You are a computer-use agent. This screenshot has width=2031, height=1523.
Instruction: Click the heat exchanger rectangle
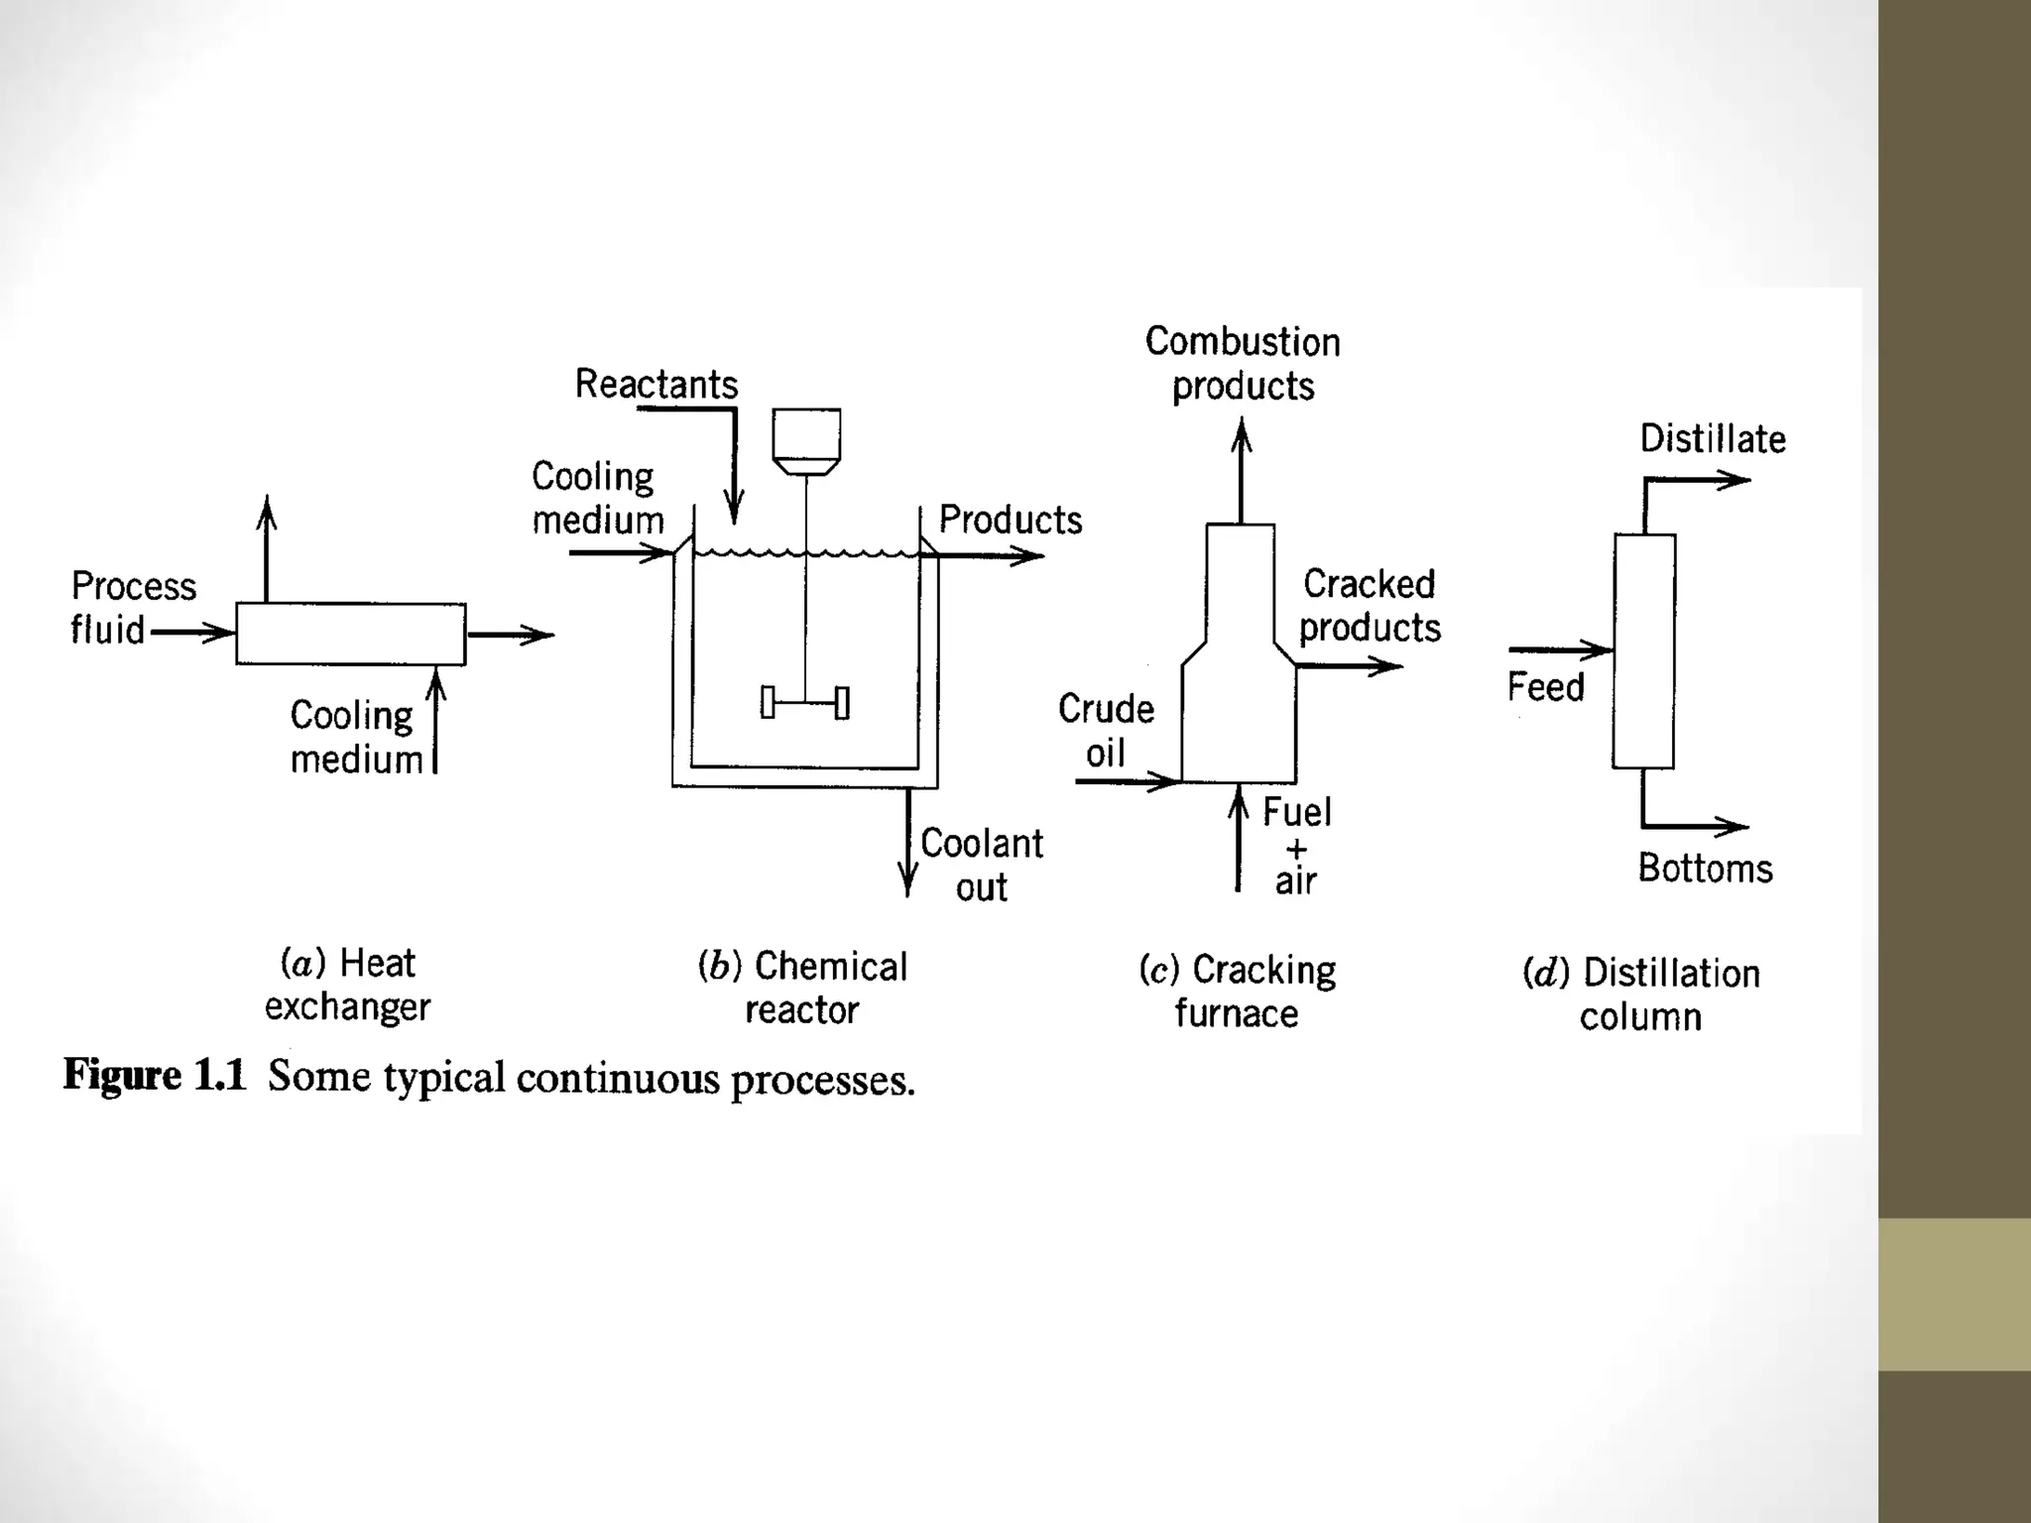click(350, 634)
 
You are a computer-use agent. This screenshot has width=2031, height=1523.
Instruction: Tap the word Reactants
click(657, 385)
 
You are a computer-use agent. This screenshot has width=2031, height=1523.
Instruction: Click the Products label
click(1010, 521)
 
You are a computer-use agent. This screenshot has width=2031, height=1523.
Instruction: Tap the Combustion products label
click(1243, 364)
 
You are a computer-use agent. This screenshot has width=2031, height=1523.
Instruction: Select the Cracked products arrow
click(1349, 666)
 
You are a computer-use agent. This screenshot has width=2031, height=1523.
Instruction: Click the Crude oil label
click(1106, 731)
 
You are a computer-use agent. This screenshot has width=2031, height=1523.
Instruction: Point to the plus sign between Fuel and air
click(1296, 850)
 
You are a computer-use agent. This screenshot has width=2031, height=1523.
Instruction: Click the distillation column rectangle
click(1643, 651)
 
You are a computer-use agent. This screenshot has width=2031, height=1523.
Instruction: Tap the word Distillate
click(1712, 439)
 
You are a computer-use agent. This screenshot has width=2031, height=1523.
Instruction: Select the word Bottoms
click(1705, 869)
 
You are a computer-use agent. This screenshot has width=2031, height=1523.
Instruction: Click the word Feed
click(1545, 687)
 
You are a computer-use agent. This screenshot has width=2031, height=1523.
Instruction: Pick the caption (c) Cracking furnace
click(1237, 992)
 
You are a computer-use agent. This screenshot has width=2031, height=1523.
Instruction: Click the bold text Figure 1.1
click(154, 1076)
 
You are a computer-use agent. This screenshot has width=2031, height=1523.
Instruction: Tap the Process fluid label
click(132, 608)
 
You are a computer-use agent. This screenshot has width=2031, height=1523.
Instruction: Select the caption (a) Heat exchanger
click(347, 985)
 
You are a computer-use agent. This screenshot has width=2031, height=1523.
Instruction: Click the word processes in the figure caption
click(822, 1080)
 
